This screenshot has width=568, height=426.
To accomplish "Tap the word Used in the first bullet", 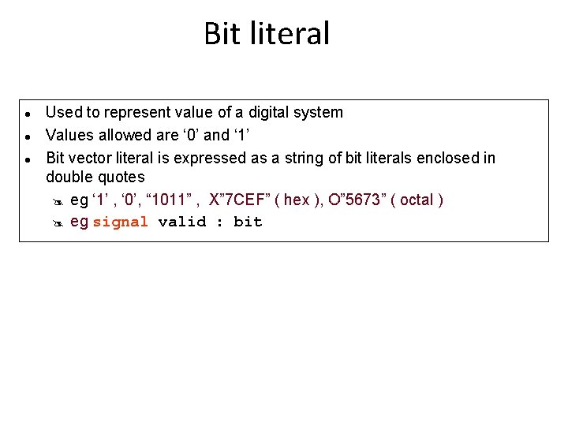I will (62, 112).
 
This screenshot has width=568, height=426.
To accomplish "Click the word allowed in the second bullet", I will (126, 135).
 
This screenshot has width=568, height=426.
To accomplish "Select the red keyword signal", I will (120, 222).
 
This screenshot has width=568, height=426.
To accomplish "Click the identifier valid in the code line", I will (182, 222).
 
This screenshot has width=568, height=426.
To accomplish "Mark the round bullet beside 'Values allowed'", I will (27, 136).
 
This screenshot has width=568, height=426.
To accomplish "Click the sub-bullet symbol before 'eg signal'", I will (57, 222).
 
